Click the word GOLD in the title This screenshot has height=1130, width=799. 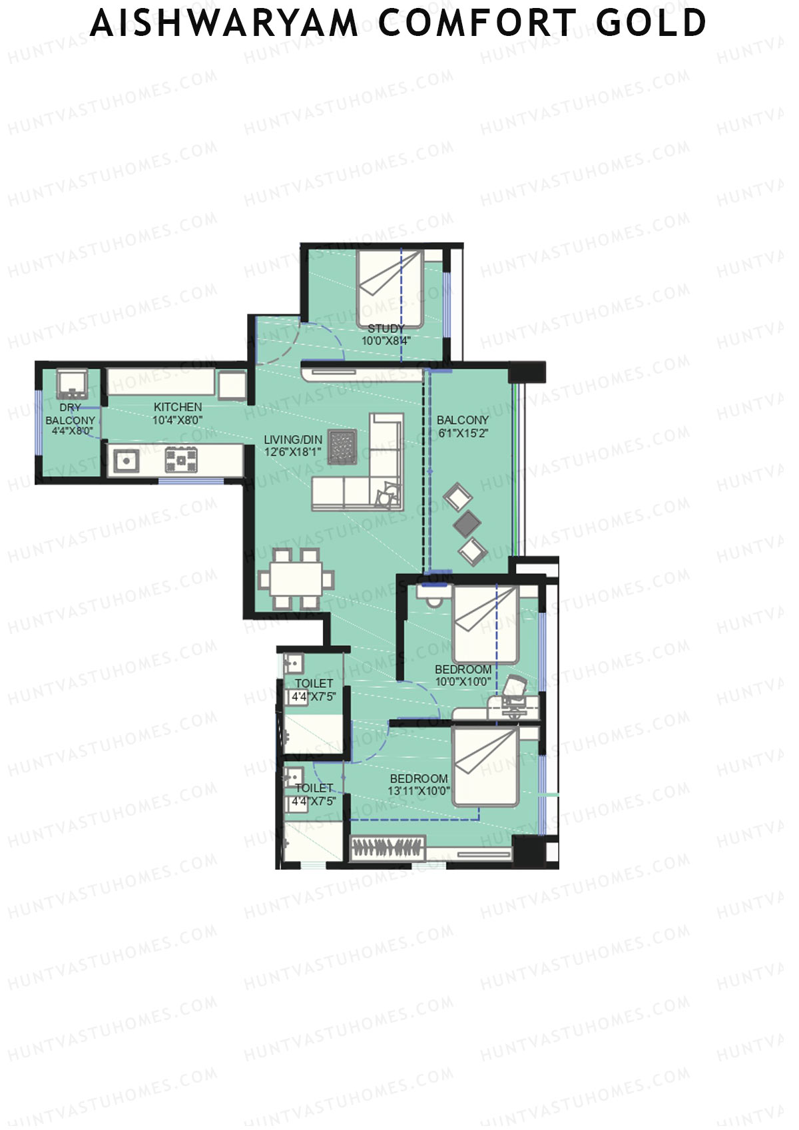pyautogui.click(x=651, y=23)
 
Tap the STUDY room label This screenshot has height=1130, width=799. pyautogui.click(x=386, y=328)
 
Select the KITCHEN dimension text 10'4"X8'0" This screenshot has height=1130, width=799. pyautogui.click(x=177, y=420)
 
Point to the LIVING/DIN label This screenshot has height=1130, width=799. pyautogui.click(x=293, y=439)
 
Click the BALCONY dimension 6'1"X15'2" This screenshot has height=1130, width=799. pyautogui.click(x=463, y=433)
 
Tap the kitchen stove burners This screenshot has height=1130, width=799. pyautogui.click(x=181, y=459)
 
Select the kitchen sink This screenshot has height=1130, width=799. pyautogui.click(x=125, y=460)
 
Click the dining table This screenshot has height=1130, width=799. pyautogui.click(x=296, y=579)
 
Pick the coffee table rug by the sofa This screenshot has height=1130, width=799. pyautogui.click(x=343, y=447)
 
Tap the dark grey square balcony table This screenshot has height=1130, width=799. pyautogui.click(x=467, y=523)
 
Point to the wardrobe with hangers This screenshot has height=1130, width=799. pyautogui.click(x=388, y=848)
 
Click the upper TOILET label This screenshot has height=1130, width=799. pyautogui.click(x=314, y=683)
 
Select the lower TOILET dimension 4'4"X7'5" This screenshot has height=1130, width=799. pyautogui.click(x=314, y=802)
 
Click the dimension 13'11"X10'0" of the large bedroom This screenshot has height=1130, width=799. pyautogui.click(x=419, y=791)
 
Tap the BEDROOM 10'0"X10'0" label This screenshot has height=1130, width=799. pyautogui.click(x=463, y=675)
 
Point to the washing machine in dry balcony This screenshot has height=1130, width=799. pyautogui.click(x=71, y=384)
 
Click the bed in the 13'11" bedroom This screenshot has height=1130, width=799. pyautogui.click(x=485, y=766)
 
